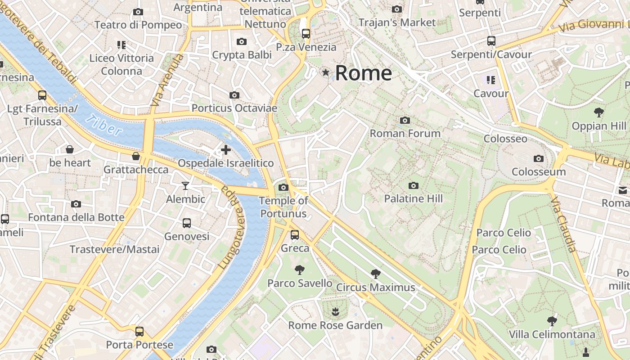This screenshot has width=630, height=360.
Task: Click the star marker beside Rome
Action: [325, 72]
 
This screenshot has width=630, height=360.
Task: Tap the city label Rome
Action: [364, 73]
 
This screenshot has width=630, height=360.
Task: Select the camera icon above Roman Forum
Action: [405, 120]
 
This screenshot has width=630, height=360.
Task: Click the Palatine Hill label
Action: [414, 198]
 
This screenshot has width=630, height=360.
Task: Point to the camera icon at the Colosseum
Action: [538, 158]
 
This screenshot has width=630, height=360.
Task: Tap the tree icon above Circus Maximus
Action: [375, 274]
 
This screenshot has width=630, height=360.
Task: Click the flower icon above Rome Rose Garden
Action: [335, 311]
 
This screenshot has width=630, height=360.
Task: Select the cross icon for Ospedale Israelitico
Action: [225, 149]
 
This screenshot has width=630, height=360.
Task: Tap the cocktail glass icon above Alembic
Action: [185, 185]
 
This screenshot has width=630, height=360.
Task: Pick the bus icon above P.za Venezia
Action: [306, 33]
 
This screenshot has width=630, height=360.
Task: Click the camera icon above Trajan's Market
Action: [396, 9]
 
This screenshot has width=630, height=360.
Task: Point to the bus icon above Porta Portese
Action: [139, 332]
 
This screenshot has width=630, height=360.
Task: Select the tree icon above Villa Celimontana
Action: [552, 321]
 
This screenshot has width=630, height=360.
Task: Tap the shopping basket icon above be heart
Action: [70, 149]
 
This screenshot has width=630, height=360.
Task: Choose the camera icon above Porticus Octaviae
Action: [234, 95]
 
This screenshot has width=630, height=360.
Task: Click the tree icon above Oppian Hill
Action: [598, 112]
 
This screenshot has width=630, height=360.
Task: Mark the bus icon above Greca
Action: [295, 234]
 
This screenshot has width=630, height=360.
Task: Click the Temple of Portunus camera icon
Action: [283, 187]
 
